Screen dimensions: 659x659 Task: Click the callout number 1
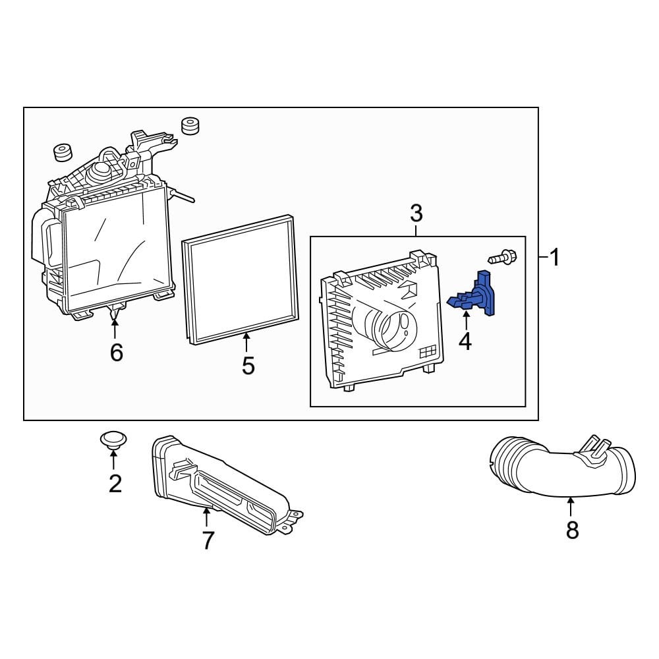click(555, 257)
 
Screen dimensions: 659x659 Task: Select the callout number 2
click(115, 484)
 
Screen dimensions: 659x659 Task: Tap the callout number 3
click(416, 213)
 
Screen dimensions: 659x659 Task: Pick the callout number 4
click(465, 341)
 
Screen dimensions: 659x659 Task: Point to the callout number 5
click(248, 365)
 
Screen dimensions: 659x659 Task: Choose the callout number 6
click(116, 353)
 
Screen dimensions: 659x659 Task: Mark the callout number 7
click(208, 540)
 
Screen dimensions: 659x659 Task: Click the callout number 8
click(572, 529)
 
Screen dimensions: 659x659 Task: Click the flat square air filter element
click(241, 280)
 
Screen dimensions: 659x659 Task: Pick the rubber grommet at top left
click(62, 152)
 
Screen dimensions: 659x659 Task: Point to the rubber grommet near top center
click(190, 125)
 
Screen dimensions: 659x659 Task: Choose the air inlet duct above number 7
click(217, 481)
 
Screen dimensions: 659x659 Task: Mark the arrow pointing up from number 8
click(571, 506)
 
